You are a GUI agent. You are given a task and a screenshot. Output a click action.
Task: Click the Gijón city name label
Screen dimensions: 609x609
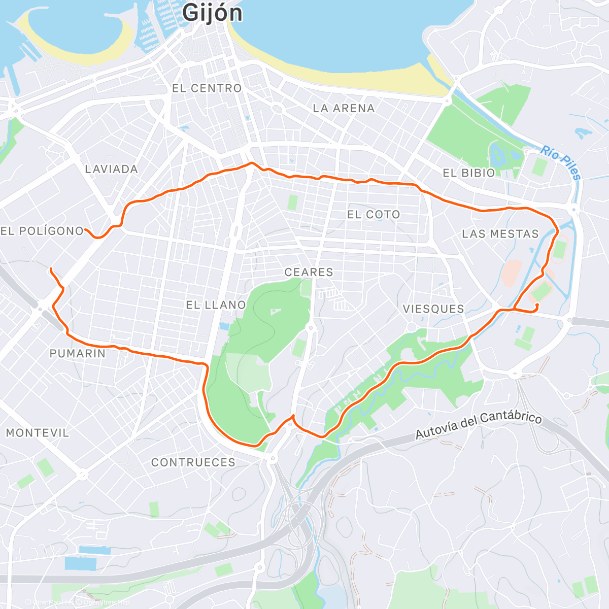[212, 13]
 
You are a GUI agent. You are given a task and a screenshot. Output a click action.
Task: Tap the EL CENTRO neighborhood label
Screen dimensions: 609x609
[207, 88]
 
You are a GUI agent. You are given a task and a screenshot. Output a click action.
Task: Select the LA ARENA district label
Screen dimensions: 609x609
[344, 108]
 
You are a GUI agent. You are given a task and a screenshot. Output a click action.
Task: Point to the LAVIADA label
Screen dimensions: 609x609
[111, 170]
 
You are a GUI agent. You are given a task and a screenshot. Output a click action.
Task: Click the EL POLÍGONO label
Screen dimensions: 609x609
[42, 231]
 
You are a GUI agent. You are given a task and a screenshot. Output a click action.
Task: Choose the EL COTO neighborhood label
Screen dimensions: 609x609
[374, 215]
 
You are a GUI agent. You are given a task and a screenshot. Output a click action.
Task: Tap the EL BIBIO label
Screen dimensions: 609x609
[468, 173]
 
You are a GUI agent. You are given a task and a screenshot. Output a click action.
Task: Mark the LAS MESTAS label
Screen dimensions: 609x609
[500, 234]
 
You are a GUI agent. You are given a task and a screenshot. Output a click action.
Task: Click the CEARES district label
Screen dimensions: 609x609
[309, 273]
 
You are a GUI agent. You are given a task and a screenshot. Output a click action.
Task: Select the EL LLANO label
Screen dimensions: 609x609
[216, 305]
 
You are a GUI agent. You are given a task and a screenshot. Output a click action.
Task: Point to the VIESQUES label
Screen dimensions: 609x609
[433, 309]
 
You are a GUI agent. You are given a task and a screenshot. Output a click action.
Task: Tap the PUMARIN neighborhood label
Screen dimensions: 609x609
[77, 354]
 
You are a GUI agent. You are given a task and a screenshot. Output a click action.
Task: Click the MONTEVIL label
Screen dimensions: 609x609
[37, 433]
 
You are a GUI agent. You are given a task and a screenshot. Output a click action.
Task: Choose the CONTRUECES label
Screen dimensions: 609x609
[193, 462]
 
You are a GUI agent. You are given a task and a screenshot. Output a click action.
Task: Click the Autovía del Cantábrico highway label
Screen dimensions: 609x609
[479, 425]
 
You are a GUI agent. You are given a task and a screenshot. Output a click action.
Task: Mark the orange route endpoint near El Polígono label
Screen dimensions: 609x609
[86, 230]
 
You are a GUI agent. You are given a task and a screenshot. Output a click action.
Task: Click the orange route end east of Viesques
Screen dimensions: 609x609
[536, 305]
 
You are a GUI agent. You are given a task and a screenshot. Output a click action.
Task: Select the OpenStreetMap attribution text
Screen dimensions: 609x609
[106, 602]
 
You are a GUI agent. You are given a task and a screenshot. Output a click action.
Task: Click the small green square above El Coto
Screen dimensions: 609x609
[293, 202]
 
